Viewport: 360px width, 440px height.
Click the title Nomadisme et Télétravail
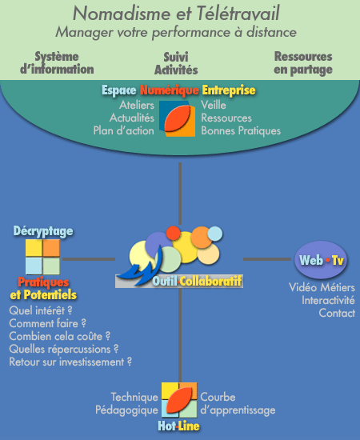[x=176, y=13]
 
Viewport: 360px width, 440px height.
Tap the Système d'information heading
[x=57, y=63]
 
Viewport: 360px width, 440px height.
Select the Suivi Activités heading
[x=176, y=63]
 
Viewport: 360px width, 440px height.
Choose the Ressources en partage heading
[x=303, y=63]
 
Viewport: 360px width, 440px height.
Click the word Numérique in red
[x=169, y=90]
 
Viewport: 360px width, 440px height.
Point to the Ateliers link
[x=137, y=105]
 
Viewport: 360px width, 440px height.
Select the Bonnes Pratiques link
[x=241, y=130]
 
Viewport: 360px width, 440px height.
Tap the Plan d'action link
[x=124, y=130]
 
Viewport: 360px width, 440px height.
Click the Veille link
[x=214, y=105]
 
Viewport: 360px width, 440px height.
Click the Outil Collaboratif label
[x=197, y=281]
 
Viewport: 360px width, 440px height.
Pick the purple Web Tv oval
[x=321, y=260]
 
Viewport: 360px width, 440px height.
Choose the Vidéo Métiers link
[x=322, y=287]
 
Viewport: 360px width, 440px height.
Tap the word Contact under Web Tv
[x=337, y=313]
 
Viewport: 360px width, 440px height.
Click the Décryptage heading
[x=43, y=231]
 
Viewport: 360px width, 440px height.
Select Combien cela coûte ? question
[x=60, y=336]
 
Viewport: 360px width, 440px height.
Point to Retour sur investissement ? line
[x=70, y=362]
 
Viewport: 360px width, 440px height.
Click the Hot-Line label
[x=178, y=426]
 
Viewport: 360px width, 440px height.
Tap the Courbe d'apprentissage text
[x=238, y=403]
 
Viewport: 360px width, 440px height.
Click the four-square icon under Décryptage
[x=42, y=257]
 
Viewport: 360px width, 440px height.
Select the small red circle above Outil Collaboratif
[x=173, y=233]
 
